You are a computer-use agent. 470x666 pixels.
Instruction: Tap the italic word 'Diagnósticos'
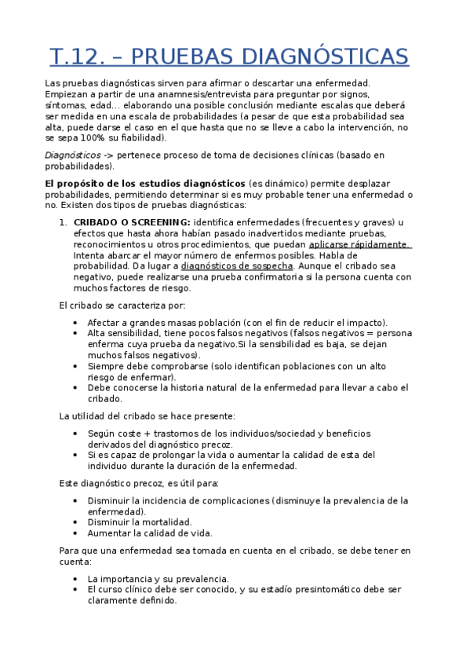tap(72, 156)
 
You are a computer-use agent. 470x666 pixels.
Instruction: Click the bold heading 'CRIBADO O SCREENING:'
tap(131, 222)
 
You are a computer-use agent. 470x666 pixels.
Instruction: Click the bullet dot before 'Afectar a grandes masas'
tap(74, 322)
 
